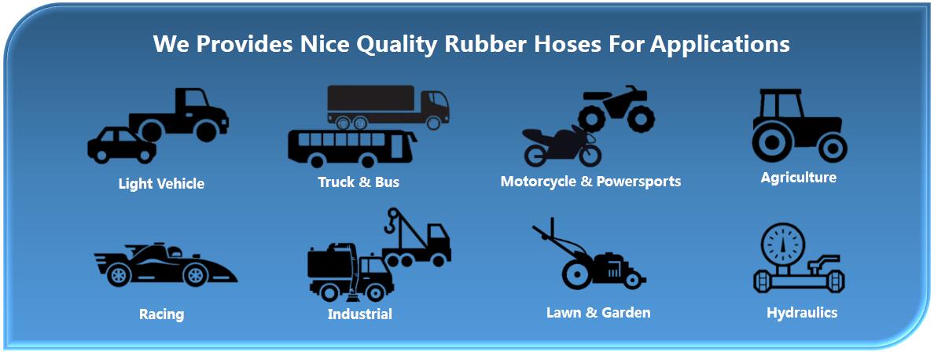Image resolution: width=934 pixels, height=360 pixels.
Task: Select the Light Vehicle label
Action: click(161, 184)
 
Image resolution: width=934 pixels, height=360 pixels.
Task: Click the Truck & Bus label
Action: click(359, 182)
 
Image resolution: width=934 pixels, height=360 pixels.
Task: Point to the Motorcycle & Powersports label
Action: click(590, 182)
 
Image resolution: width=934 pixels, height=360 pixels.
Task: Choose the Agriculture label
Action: click(798, 178)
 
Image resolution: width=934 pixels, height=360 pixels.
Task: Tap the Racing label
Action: click(161, 314)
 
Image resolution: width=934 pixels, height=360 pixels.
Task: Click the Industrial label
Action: click(360, 314)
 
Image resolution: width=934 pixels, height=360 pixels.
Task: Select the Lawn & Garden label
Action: click(598, 312)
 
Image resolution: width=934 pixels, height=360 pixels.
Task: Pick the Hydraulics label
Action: click(802, 312)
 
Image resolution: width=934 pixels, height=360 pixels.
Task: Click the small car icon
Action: click(122, 145)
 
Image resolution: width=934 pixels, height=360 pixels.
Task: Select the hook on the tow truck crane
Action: click(392, 223)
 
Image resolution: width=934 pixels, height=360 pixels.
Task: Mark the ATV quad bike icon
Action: click(616, 109)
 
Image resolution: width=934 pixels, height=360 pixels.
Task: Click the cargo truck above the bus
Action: click(388, 107)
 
